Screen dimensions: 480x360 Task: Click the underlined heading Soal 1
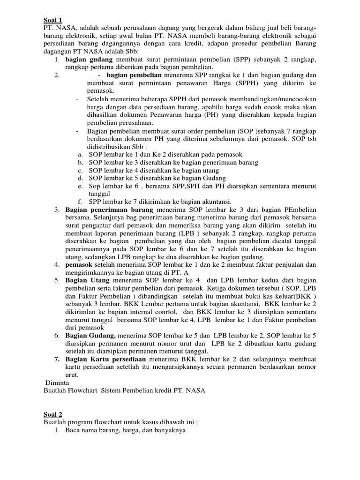click(x=52, y=20)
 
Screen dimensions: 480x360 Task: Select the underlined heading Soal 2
click(x=52, y=414)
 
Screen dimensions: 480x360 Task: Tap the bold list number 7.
click(x=56, y=360)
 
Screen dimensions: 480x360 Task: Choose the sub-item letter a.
click(x=81, y=154)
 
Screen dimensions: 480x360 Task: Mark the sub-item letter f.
click(x=81, y=202)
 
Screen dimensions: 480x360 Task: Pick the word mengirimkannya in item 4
click(x=90, y=272)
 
